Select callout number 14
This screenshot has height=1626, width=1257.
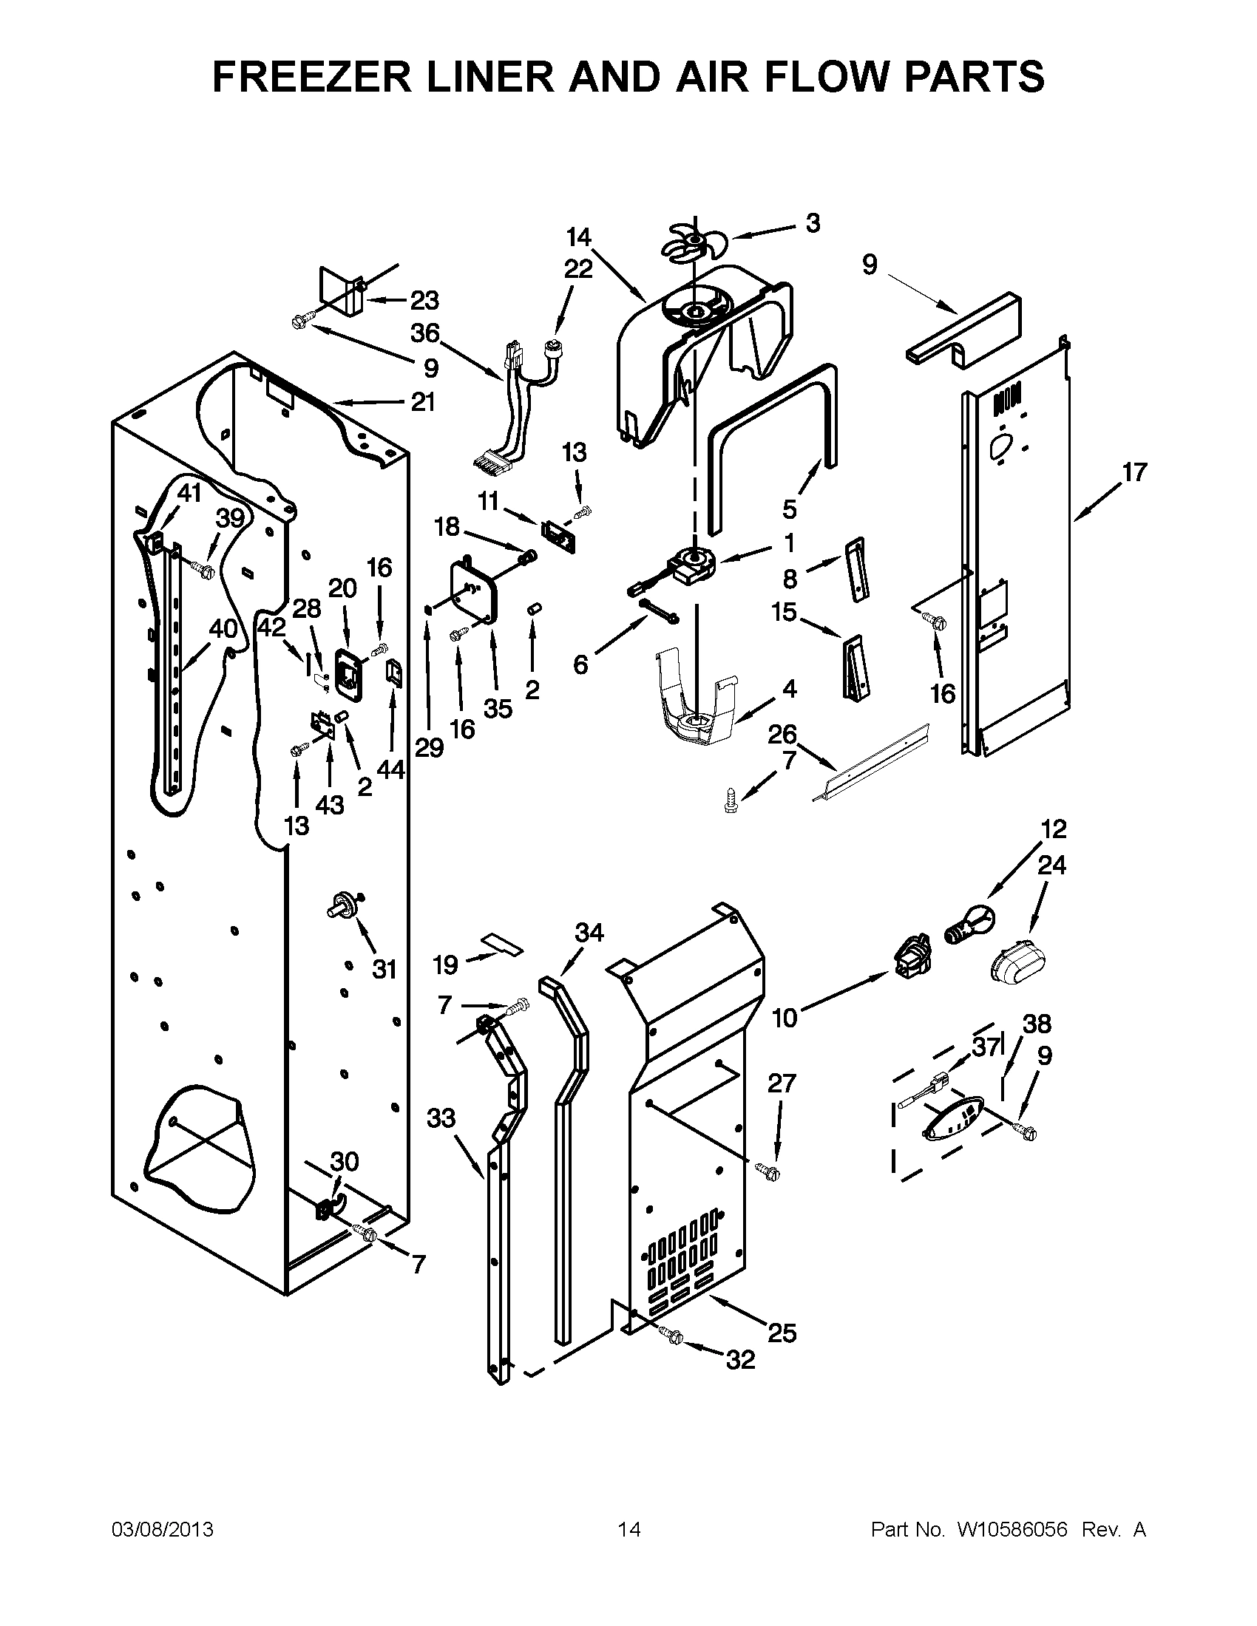pos(579,237)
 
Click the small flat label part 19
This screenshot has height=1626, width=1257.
pos(502,945)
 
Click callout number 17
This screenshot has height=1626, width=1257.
pos(1134,472)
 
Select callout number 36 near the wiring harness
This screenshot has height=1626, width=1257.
pos(425,333)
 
